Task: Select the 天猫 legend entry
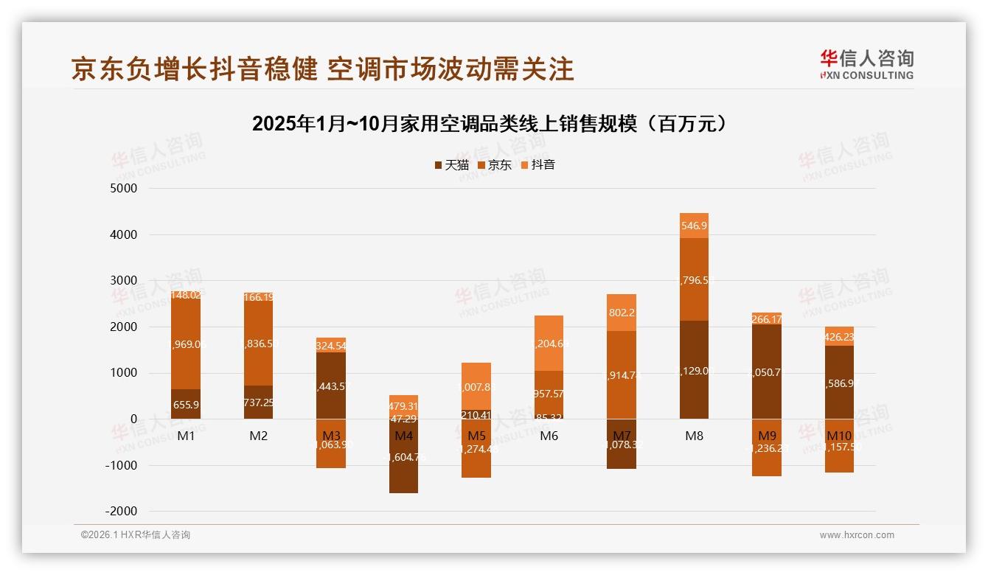pyautogui.click(x=452, y=164)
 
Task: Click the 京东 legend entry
pyautogui.click(x=495, y=164)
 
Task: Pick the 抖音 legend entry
pyautogui.click(x=538, y=164)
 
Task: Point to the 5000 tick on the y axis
pyautogui.click(x=124, y=189)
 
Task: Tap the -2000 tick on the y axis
pyautogui.click(x=122, y=512)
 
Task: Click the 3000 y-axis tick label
pyautogui.click(x=124, y=281)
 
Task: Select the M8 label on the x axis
pyautogui.click(x=694, y=436)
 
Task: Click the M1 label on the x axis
pyautogui.click(x=186, y=436)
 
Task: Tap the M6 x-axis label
pyautogui.click(x=549, y=436)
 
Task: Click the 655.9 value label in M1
pyautogui.click(x=186, y=405)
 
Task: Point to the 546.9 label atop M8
pyautogui.click(x=694, y=226)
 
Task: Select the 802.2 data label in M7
pyautogui.click(x=622, y=313)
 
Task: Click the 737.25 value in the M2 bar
pyautogui.click(x=258, y=402)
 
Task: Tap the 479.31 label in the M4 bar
pyautogui.click(x=403, y=406)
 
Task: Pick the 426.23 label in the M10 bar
pyautogui.click(x=839, y=337)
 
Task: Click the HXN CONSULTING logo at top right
pyautogui.click(x=866, y=64)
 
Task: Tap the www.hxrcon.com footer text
pyautogui.click(x=857, y=535)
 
